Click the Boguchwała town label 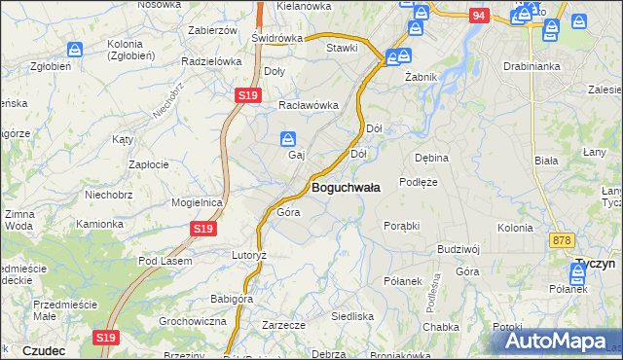tap(346, 187)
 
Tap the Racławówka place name tap(308, 105)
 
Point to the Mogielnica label tap(198, 202)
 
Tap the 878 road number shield tap(561, 239)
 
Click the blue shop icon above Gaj tap(289, 138)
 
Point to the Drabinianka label tap(530, 66)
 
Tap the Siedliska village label tap(352, 316)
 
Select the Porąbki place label tap(401, 225)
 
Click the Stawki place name tap(342, 48)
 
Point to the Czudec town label tap(43, 350)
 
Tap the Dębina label tap(431, 157)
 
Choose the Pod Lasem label tap(165, 261)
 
